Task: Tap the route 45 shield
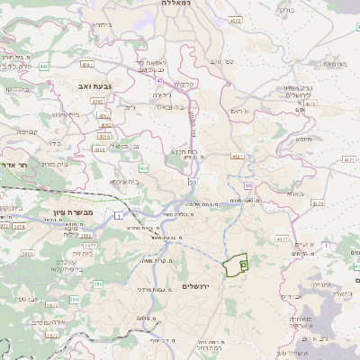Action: (147, 79)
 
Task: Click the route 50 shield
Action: (193, 181)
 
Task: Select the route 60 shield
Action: (247, 185)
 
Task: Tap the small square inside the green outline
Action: (243, 265)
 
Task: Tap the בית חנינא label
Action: (184, 152)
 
